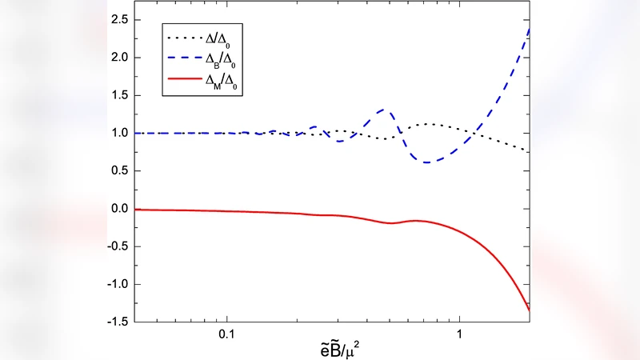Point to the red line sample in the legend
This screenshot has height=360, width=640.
pyautogui.click(x=186, y=80)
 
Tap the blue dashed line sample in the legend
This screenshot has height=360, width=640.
pyautogui.click(x=186, y=58)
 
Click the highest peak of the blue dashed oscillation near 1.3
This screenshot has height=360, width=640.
pyautogui.click(x=386, y=109)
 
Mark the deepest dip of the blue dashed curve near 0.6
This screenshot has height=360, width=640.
pyautogui.click(x=429, y=162)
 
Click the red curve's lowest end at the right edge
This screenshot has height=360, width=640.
pyautogui.click(x=530, y=310)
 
